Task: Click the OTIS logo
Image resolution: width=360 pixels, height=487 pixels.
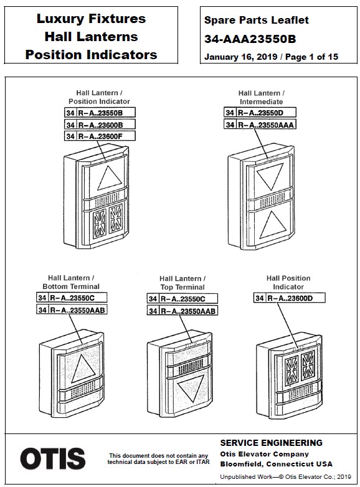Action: pyautogui.click(x=52, y=458)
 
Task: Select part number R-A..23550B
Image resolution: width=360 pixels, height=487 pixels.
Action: pyautogui.click(x=100, y=113)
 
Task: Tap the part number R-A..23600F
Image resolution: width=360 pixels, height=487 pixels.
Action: pyautogui.click(x=100, y=136)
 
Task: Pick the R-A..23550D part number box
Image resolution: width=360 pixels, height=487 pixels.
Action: pyautogui.click(x=260, y=112)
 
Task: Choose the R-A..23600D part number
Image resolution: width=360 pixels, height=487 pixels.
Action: pyautogui.click(x=290, y=298)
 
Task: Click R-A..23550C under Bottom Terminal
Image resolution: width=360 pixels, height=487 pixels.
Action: pyautogui.click(x=72, y=298)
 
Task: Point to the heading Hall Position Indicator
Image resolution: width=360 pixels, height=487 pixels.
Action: pyautogui.click(x=288, y=282)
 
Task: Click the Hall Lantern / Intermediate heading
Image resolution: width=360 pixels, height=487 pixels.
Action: pyautogui.click(x=261, y=97)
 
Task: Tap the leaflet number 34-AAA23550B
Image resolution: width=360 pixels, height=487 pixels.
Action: pyautogui.click(x=250, y=39)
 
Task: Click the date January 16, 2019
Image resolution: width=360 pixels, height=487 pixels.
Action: pyautogui.click(x=240, y=57)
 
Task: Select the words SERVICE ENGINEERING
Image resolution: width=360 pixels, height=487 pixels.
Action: pyautogui.click(x=272, y=443)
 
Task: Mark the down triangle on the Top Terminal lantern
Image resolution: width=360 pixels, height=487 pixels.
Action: pyautogui.click(x=191, y=387)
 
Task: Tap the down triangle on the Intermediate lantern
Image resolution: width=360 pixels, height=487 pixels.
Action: pyautogui.click(x=270, y=175)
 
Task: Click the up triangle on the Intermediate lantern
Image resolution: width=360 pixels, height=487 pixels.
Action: pyautogui.click(x=272, y=225)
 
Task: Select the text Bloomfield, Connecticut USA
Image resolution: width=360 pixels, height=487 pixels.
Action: pyautogui.click(x=276, y=464)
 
